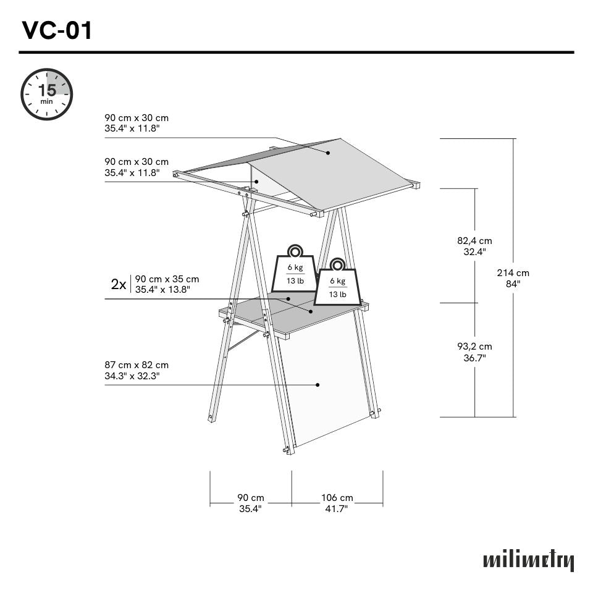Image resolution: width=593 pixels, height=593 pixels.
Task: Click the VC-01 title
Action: click(57, 30)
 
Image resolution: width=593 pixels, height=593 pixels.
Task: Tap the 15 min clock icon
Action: click(47, 95)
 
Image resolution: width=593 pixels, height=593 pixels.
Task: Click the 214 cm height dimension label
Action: click(513, 278)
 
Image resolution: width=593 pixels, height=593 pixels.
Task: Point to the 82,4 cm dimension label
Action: click(474, 246)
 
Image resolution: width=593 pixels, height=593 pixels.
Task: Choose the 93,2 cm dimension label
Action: click(474, 352)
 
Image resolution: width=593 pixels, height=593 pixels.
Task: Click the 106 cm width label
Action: click(337, 503)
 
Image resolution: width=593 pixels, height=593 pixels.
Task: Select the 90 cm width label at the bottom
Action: click(250, 503)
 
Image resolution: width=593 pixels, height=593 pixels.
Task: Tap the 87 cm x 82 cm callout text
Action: click(137, 371)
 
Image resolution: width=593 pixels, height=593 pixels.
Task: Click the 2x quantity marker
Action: click(119, 284)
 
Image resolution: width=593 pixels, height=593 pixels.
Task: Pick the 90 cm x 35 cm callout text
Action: click(167, 284)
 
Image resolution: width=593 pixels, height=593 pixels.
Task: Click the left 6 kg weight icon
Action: click(295, 272)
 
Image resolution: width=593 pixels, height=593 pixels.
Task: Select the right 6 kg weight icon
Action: click(337, 284)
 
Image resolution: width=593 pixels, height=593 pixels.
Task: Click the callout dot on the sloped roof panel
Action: click(328, 153)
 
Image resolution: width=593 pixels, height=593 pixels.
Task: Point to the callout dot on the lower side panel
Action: click(318, 384)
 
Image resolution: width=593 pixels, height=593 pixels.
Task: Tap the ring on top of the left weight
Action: click(295, 251)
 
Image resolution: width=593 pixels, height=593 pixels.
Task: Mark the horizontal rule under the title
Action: click(296, 53)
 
